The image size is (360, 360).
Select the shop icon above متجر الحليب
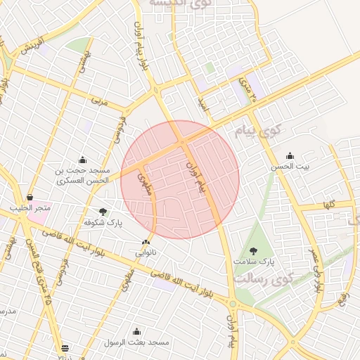coord(30,198)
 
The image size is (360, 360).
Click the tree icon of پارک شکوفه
coord(103,212)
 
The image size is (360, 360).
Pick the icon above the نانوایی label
coord(146,241)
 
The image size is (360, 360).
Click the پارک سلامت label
coord(253,261)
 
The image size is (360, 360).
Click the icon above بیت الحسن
coord(289,156)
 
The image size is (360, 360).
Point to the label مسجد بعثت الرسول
coord(137,342)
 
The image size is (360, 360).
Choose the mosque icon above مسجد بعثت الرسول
coord(136,331)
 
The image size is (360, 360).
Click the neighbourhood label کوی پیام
coord(260,131)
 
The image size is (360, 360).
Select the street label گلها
coord(327,205)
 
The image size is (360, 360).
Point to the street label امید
coord(203,104)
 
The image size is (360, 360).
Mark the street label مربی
coord(101,101)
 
